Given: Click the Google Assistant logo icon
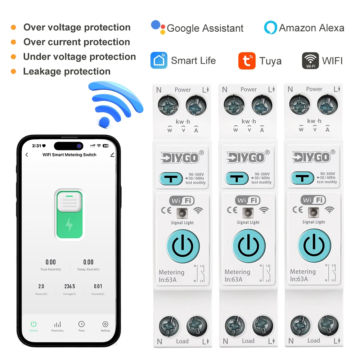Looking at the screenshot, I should (x=158, y=27).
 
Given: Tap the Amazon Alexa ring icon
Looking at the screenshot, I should (x=270, y=28).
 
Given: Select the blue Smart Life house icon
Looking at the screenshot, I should (x=159, y=60).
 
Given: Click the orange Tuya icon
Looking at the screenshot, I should (x=247, y=61).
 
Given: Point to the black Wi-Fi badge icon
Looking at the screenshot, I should (x=310, y=60).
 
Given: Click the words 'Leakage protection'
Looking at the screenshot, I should (x=67, y=71).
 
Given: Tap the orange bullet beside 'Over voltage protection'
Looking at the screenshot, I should (x=13, y=27).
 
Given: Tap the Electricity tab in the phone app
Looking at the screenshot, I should (x=57, y=326).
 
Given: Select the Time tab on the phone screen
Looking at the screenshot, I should (x=81, y=326).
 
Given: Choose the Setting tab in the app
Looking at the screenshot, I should (x=105, y=326).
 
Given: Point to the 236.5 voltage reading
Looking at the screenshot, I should (x=69, y=287).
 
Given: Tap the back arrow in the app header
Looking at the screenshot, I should (x=27, y=155).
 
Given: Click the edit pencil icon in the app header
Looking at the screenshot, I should (x=112, y=154).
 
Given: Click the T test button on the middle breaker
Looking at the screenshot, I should (x=237, y=178).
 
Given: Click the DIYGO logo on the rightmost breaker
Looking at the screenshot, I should (x=311, y=157).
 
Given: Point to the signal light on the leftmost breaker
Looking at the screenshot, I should (x=182, y=212).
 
